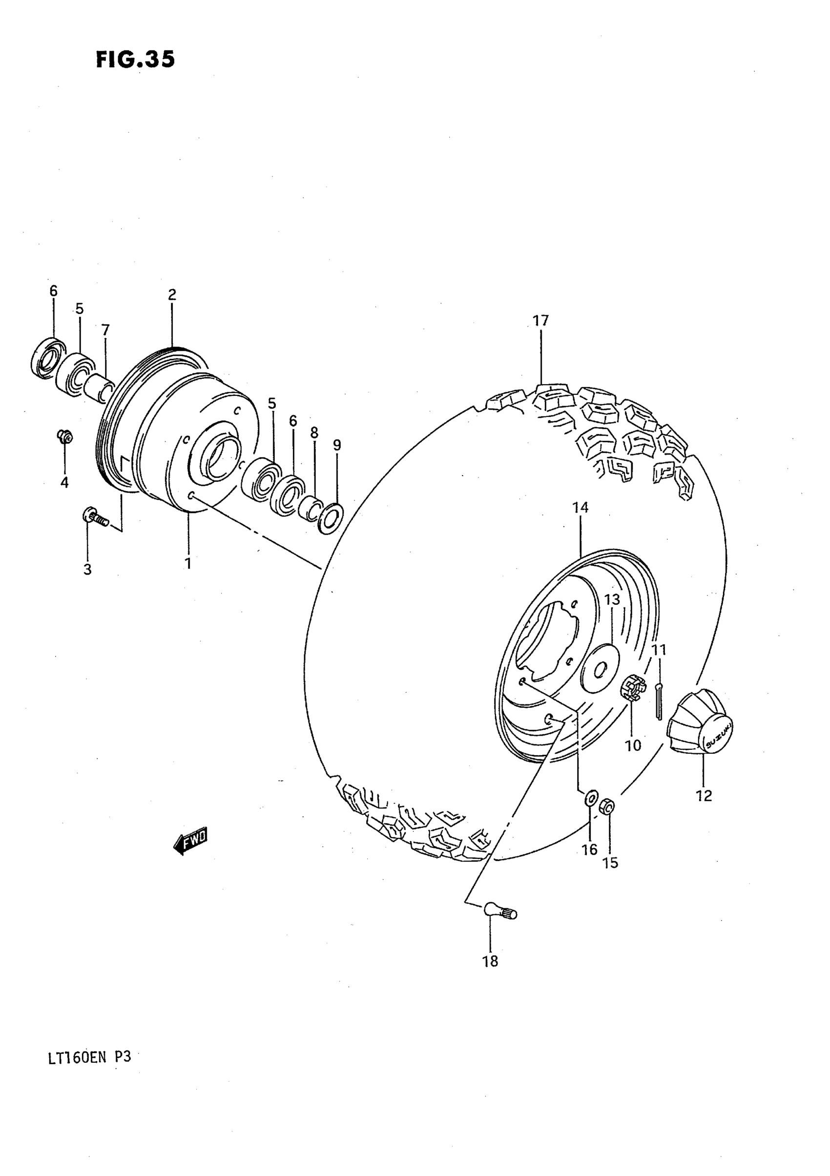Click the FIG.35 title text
[x=135, y=60]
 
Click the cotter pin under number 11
[x=659, y=701]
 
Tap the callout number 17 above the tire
[x=540, y=321]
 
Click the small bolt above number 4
[x=64, y=436]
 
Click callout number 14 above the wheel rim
[x=581, y=508]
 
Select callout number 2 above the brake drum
[x=172, y=294]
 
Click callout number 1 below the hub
[x=188, y=564]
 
